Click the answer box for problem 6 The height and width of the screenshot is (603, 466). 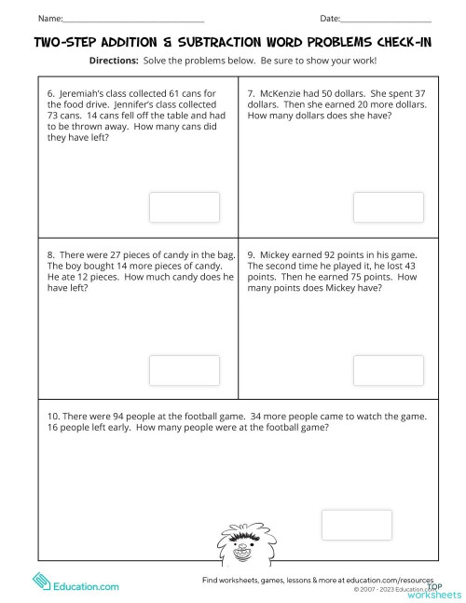185,207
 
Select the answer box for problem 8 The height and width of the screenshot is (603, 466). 185,370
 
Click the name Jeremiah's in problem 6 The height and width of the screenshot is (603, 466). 86,93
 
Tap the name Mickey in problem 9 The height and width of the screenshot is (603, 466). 281,254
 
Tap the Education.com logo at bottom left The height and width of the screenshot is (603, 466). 78,586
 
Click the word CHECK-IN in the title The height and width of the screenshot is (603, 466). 394,42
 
